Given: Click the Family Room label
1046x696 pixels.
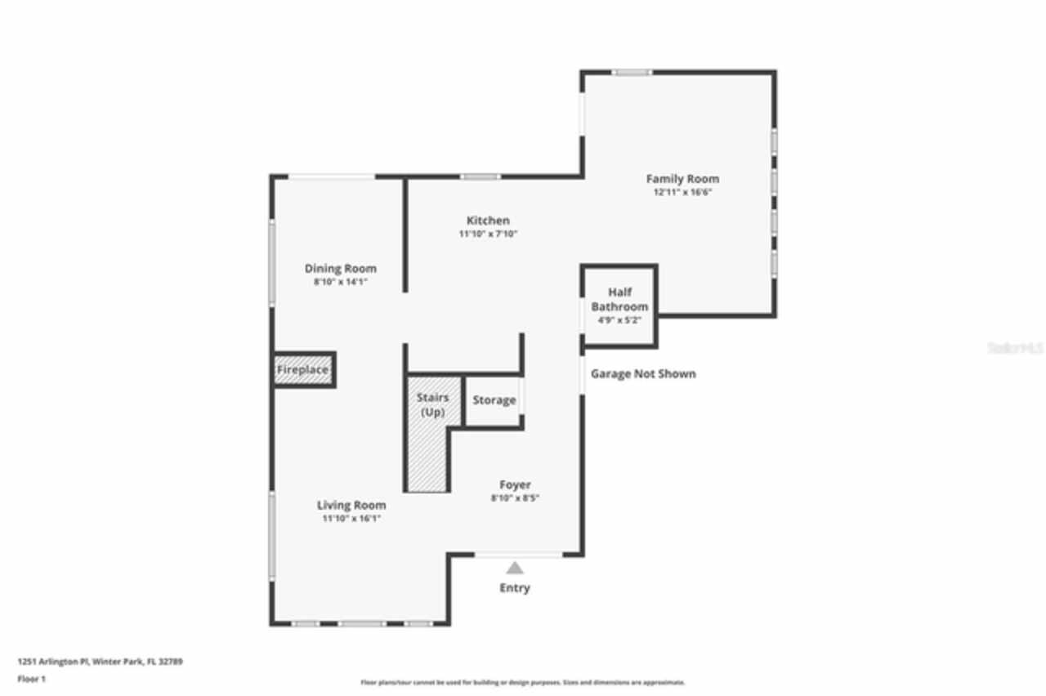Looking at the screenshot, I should [682, 179].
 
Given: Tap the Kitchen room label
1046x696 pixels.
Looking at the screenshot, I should [488, 221].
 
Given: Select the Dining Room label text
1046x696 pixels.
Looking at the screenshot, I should [341, 269].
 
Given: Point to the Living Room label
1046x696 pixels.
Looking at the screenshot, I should [351, 506].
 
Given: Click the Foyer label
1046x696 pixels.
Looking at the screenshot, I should [515, 485].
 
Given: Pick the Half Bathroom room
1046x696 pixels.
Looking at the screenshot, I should [619, 300].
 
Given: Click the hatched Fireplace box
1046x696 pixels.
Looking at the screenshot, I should [302, 370].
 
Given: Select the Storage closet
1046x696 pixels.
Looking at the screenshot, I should [494, 400].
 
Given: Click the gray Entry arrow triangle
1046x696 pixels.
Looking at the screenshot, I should [514, 569].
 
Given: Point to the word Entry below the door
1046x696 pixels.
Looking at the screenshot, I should [515, 588].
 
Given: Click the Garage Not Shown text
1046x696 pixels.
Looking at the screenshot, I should [643, 374].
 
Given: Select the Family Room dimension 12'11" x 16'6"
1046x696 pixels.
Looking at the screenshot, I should [682, 194].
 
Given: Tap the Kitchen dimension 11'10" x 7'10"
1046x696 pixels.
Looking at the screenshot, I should [488, 234].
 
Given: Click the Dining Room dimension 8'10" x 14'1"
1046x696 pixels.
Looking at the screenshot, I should [341, 283].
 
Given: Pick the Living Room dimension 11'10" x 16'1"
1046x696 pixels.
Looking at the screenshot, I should [351, 519].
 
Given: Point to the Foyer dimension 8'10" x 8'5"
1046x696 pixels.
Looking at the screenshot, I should [515, 498].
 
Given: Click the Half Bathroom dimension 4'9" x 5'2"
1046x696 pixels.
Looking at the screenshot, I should [619, 320].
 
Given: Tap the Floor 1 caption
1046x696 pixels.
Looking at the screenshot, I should [32, 679].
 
